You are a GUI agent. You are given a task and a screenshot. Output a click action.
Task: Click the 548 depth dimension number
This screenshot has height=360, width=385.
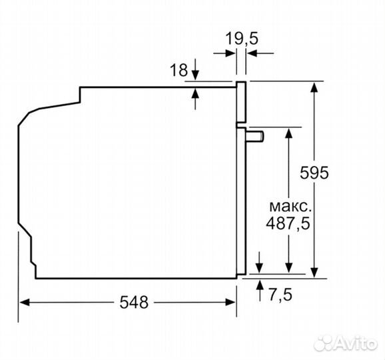tap(134, 302)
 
